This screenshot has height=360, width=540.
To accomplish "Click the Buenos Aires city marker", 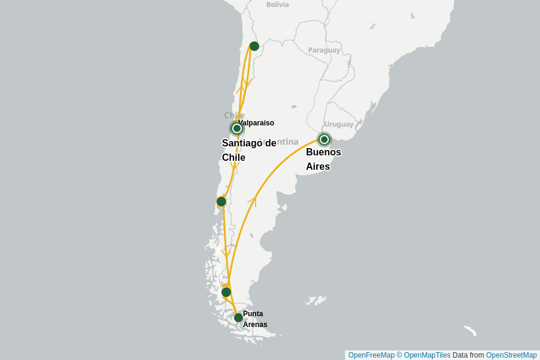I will pyautogui.click(x=324, y=139).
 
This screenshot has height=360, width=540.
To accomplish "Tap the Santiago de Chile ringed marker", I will pyautogui.click(x=237, y=128).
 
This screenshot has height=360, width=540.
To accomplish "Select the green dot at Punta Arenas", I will pyautogui.click(x=238, y=317).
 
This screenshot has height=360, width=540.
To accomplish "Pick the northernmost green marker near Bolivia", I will pyautogui.click(x=254, y=46).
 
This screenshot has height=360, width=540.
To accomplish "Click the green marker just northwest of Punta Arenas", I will pyautogui.click(x=226, y=292).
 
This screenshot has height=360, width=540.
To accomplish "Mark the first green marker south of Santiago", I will pyautogui.click(x=221, y=202).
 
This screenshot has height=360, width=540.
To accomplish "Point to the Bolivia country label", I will pyautogui.click(x=277, y=5).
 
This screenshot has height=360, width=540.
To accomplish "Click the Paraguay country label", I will pyautogui.click(x=324, y=50).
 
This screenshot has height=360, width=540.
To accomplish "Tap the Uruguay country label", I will pyautogui.click(x=339, y=124).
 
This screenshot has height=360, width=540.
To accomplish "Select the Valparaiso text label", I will pyautogui.click(x=256, y=123).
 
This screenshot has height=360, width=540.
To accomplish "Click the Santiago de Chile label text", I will pyautogui.click(x=248, y=150).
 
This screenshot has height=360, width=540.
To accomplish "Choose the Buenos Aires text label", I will pyautogui.click(x=323, y=159).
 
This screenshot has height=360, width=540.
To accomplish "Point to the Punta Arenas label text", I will pyautogui.click(x=254, y=319).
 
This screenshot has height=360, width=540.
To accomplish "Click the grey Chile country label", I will pyautogui.click(x=233, y=115).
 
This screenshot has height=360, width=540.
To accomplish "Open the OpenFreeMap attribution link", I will pyautogui.click(x=371, y=355).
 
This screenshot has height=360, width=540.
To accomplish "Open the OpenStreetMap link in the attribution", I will pyautogui.click(x=511, y=355).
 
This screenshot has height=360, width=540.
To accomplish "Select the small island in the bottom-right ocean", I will pyautogui.click(x=470, y=330).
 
